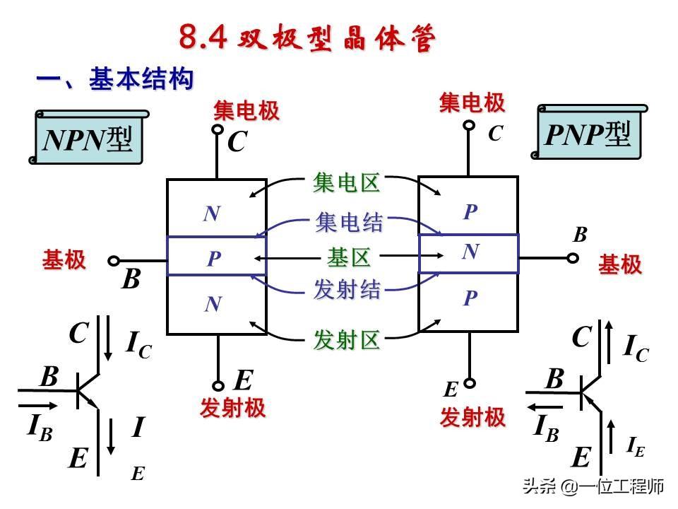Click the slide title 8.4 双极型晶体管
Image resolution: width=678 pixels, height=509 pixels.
pyautogui.click(x=306, y=38)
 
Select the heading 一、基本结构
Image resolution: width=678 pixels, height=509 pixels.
pyautogui.click(x=115, y=80)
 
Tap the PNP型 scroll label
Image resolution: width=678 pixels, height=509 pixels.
pyautogui.click(x=588, y=134)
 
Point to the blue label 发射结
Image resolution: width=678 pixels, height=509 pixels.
pyautogui.click(x=347, y=290)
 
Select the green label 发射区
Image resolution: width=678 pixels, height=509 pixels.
pyautogui.click(x=347, y=341)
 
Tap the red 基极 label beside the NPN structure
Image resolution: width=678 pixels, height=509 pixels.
pyautogui.click(x=64, y=260)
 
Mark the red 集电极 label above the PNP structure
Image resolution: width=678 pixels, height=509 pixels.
pyautogui.click(x=472, y=103)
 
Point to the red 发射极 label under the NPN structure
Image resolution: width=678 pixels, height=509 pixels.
pyautogui.click(x=232, y=409)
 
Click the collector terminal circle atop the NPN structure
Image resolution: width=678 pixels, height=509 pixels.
pyautogui.click(x=217, y=130)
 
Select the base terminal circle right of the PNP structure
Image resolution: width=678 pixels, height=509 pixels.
pyautogui.click(x=573, y=257)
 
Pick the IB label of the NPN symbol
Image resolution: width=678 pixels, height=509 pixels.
pyautogui.click(x=40, y=427)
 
